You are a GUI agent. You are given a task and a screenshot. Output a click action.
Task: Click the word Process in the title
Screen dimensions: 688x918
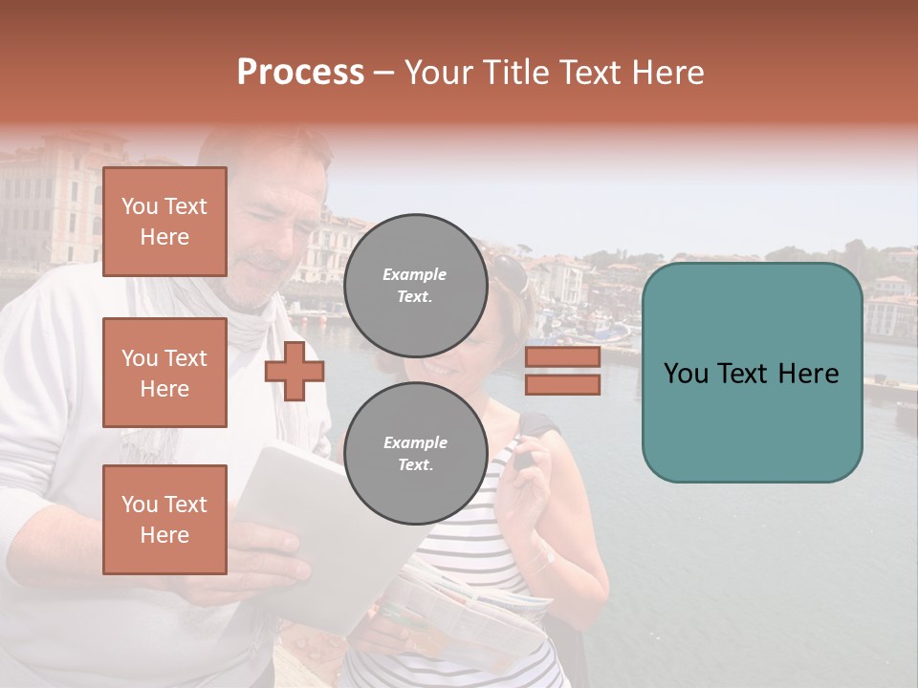[300, 73]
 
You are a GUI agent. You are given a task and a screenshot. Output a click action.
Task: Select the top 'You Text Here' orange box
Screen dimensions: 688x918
[164, 222]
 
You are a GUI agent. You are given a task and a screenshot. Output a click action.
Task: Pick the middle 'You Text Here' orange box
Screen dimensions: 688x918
[164, 373]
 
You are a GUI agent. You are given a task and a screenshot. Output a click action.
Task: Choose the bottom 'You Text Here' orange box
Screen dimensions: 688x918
[164, 520]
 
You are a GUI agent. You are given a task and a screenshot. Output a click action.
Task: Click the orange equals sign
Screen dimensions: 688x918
[562, 371]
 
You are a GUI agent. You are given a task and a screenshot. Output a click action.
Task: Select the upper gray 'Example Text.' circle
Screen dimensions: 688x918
[415, 285]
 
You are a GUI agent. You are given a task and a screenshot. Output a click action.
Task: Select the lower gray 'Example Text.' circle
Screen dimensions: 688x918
[415, 453]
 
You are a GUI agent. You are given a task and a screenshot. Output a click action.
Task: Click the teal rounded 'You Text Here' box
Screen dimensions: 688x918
[752, 373]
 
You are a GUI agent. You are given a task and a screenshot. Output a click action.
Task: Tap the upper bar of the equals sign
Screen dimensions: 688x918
[562, 357]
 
